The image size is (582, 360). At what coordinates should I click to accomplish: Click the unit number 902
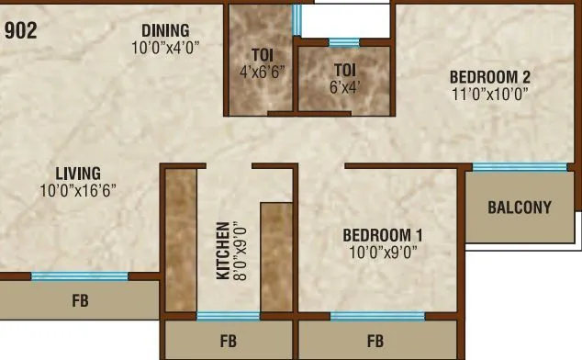21,30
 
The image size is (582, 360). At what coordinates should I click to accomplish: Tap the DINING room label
165,30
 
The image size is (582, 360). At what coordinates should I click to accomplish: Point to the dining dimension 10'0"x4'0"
165,48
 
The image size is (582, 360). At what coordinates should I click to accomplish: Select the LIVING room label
77,173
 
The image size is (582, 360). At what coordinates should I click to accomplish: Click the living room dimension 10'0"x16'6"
77,191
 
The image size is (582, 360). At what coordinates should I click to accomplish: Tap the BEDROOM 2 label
490,76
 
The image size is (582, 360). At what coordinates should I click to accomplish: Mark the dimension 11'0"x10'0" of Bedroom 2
490,93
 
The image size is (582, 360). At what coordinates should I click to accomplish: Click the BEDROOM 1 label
383,233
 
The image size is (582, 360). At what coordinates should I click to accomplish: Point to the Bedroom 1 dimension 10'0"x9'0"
383,251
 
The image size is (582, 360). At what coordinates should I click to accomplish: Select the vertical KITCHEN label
222,251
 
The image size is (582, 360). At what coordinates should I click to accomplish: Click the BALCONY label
520,207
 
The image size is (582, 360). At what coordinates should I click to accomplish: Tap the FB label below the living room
81,300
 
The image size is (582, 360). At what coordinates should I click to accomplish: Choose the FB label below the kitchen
229,342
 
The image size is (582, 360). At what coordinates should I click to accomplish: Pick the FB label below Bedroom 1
375,342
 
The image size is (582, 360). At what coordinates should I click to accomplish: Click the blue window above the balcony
520,167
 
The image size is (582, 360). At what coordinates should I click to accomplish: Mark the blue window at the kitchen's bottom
228,317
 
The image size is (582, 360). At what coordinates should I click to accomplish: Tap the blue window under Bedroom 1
371,317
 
